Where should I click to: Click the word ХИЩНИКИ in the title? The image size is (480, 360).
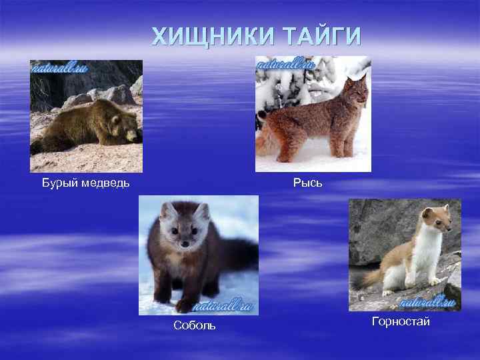coord(207,35)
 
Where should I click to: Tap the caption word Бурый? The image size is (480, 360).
coord(58,183)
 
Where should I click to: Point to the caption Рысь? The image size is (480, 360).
coord(307,182)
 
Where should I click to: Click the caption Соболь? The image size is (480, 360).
coord(194,325)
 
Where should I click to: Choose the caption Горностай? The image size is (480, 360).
coord(401,322)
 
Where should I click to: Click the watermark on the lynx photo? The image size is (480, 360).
coord(286,65)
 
